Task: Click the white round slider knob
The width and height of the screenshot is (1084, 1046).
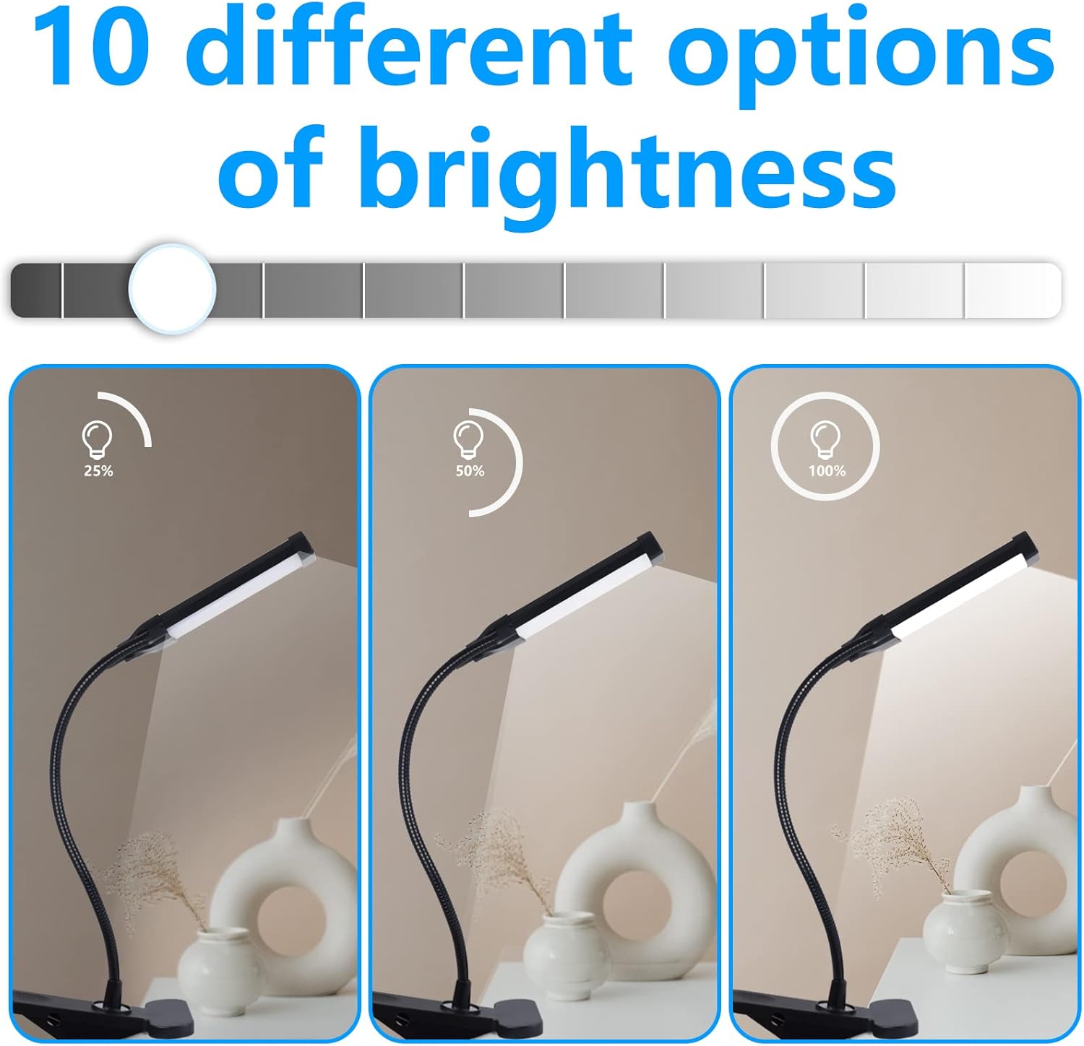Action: pyautogui.click(x=172, y=288)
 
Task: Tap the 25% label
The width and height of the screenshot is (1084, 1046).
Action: pyautogui.click(x=98, y=471)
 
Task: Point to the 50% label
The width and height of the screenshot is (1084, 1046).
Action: pyautogui.click(x=470, y=471)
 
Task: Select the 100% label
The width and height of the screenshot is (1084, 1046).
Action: pyautogui.click(x=826, y=471)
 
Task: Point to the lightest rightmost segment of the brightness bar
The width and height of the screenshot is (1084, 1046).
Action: pyautogui.click(x=1012, y=290)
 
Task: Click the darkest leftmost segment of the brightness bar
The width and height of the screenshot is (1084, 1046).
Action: pyautogui.click(x=36, y=290)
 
